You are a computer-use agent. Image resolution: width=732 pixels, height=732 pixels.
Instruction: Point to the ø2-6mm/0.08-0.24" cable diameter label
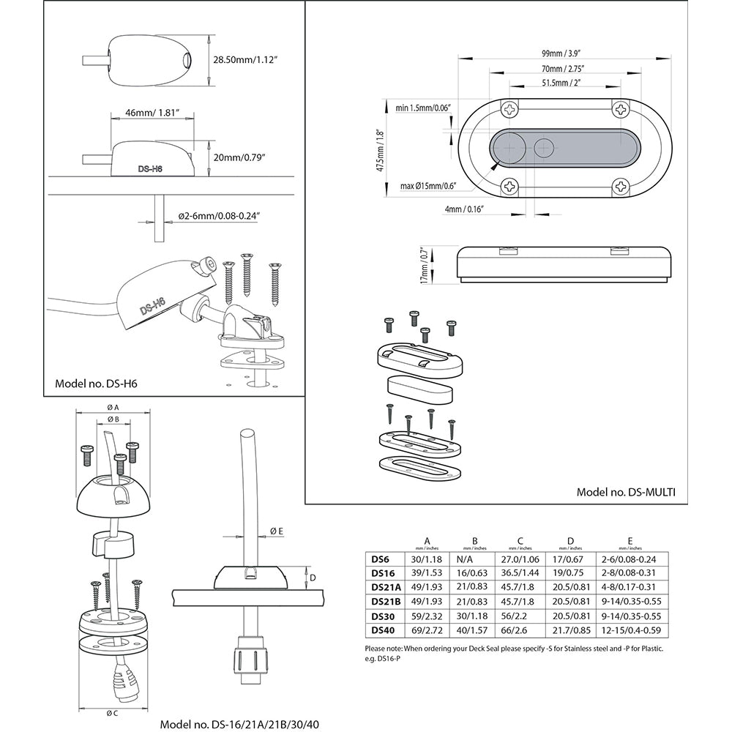220,216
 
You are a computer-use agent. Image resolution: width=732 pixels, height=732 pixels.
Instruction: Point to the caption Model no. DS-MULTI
625,492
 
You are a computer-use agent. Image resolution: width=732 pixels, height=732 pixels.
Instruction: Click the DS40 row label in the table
384,629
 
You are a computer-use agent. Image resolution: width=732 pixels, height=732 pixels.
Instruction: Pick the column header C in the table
520,542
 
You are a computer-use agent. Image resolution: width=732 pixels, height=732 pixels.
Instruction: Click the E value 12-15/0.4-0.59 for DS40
628,629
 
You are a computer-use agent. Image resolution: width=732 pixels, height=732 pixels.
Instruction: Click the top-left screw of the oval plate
509,109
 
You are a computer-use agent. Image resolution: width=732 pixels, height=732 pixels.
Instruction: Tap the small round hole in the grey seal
544,148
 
